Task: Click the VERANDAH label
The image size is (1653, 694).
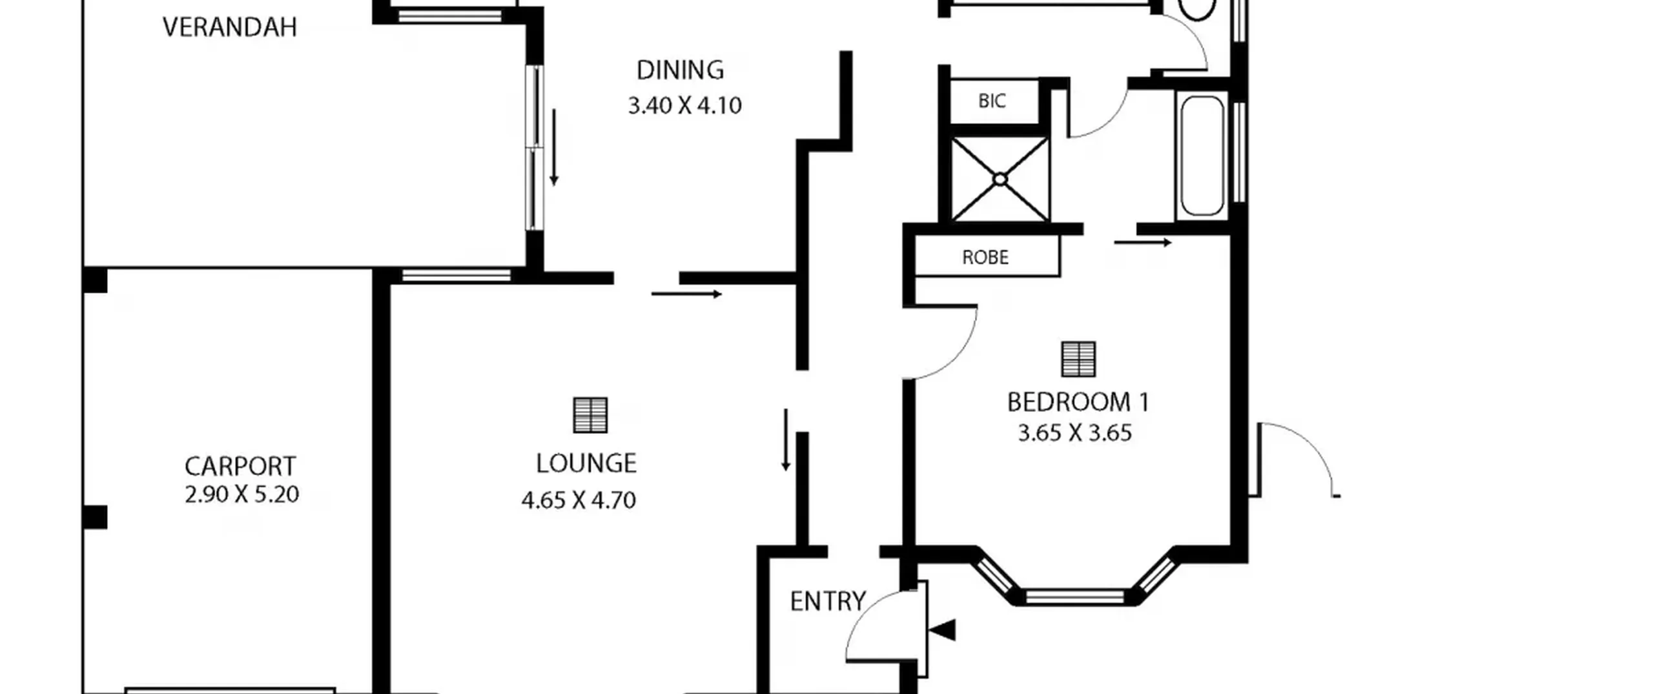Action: [x=230, y=27]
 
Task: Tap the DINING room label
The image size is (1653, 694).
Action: [x=680, y=70]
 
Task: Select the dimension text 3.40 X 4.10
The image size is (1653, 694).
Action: [x=684, y=105]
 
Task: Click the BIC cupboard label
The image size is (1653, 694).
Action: [x=992, y=101]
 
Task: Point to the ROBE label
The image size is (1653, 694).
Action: [x=985, y=258]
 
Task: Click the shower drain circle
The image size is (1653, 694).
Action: [x=1000, y=179]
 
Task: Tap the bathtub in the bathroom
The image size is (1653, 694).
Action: [x=1202, y=156]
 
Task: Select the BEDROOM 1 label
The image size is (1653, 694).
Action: [x=1078, y=402]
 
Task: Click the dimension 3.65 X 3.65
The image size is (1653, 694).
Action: [x=1075, y=433]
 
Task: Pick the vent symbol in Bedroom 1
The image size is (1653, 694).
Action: [x=1078, y=359]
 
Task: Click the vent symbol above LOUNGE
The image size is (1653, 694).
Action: [x=590, y=415]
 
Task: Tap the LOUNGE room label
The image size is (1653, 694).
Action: [x=586, y=464]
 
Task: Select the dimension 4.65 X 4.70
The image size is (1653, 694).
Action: [x=579, y=500]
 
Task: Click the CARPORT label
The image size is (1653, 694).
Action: [x=240, y=466]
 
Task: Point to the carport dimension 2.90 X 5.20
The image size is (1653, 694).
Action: [x=241, y=495]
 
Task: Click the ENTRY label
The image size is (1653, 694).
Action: [x=828, y=602]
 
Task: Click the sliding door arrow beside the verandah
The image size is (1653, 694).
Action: [x=553, y=147]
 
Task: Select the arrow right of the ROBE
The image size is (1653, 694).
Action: [x=1143, y=243]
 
